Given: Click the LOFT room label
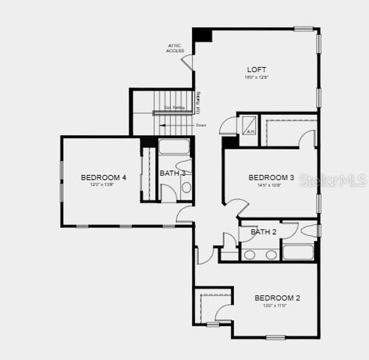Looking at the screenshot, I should coord(257,69).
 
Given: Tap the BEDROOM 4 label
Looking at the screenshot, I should coord(103,177).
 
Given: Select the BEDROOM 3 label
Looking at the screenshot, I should coord(271,177).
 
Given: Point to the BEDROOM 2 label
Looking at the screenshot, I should coord(277,298).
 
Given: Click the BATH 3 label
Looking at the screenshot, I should coord(172,173).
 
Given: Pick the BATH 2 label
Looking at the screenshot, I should coord(263,232).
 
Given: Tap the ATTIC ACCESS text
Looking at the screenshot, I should coord(175,48).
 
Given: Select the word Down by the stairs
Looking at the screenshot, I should coord(201,125).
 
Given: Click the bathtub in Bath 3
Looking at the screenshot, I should coord(174,147).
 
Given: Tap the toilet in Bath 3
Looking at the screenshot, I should coord(184,166).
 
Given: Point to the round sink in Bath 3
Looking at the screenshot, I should coord(186,187).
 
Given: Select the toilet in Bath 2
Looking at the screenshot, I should coord(310,231).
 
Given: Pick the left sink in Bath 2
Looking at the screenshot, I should coord(249,255).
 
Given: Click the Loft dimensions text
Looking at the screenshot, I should coord(257,77).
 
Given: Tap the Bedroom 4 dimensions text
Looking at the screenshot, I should coord(103,184).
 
